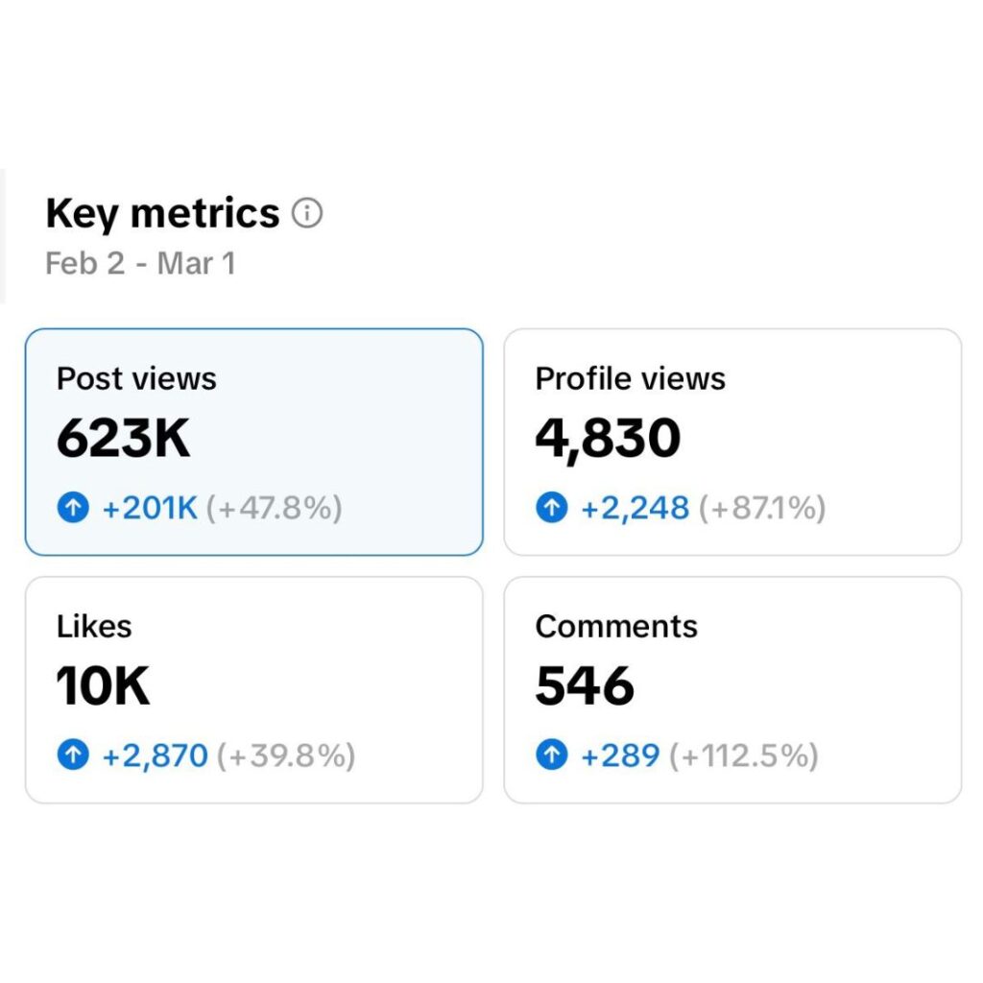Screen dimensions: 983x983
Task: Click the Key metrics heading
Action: [x=162, y=213]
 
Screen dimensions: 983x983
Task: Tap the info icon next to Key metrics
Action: [x=307, y=212]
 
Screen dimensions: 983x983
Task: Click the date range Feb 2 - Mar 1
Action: [x=140, y=263]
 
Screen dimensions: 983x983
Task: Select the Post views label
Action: [x=136, y=378]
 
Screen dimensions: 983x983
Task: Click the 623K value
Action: [x=124, y=439]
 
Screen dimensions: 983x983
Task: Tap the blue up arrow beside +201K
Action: [x=73, y=508]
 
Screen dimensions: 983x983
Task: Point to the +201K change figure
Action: [x=150, y=508]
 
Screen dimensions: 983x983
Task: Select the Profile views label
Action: [x=630, y=378]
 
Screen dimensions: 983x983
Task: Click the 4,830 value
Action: [x=608, y=439]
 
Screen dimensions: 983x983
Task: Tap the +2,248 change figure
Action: [x=635, y=508]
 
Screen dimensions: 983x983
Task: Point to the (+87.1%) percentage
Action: [x=762, y=508]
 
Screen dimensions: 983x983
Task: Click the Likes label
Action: [x=94, y=626]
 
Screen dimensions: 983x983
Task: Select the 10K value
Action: [x=103, y=686]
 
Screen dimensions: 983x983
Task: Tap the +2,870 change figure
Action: [x=156, y=755]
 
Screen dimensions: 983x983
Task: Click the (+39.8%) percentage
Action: [x=286, y=755]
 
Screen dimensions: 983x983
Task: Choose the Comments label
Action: [x=616, y=626]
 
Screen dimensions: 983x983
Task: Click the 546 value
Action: [x=585, y=686]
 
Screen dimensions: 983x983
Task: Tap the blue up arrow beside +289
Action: [x=551, y=755]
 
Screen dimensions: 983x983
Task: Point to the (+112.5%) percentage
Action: [x=744, y=755]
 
